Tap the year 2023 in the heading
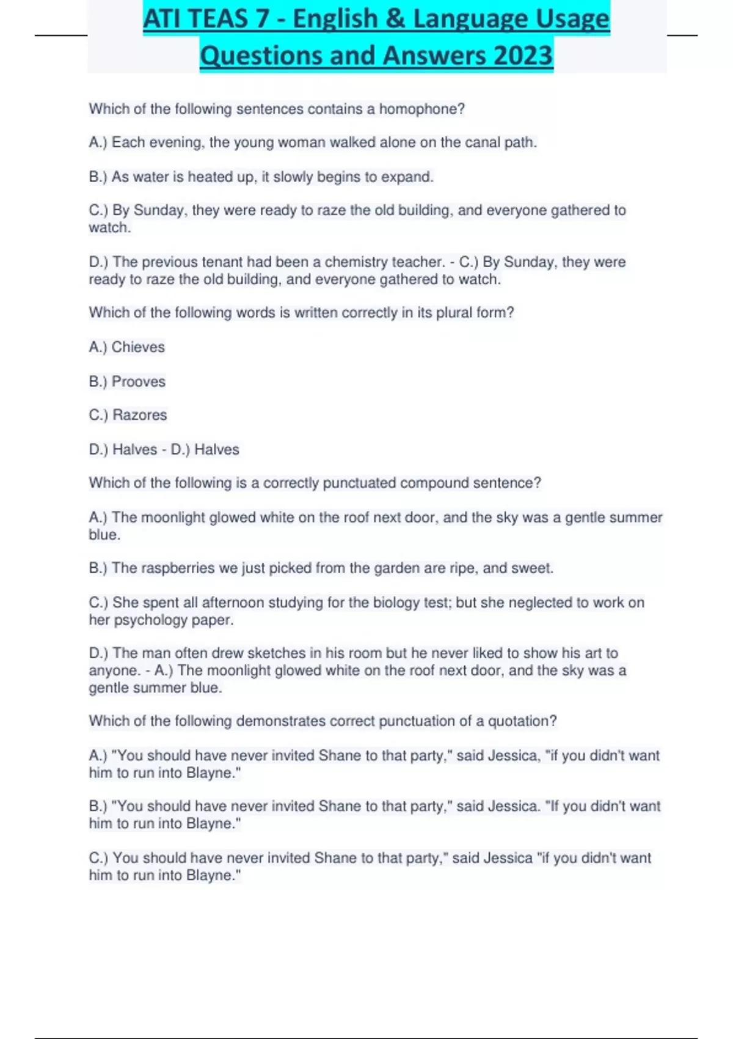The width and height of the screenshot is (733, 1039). coord(523,56)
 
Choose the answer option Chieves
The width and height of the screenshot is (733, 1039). coord(138,347)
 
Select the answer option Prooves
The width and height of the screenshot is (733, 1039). coord(139,382)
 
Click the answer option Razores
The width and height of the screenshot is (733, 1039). coord(140,415)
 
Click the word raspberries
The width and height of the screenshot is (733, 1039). coord(178,568)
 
